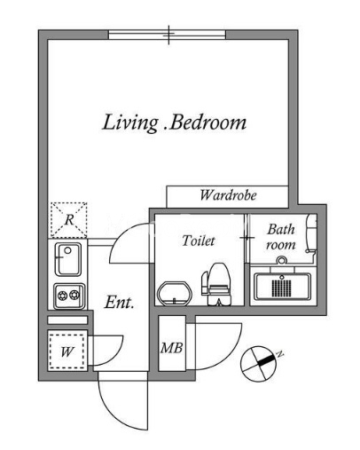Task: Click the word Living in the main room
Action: coord(129,123)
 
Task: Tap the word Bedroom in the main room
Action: coord(208,122)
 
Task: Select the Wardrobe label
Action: coord(228,195)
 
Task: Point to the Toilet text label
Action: coord(199,241)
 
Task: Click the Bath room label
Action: coord(281,237)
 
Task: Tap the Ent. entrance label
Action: coord(119,303)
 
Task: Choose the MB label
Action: coord(171,348)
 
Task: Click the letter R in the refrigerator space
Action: coord(69,220)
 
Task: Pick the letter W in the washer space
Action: coord(67,352)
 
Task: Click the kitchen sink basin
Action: coord(68,259)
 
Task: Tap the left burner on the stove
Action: coord(63,296)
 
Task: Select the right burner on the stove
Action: coord(74,295)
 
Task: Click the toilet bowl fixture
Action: coord(216,284)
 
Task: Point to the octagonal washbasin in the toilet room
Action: coord(175,293)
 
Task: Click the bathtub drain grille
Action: coord(281,288)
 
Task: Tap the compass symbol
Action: coord(258,364)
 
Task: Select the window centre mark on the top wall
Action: coord(168,35)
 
